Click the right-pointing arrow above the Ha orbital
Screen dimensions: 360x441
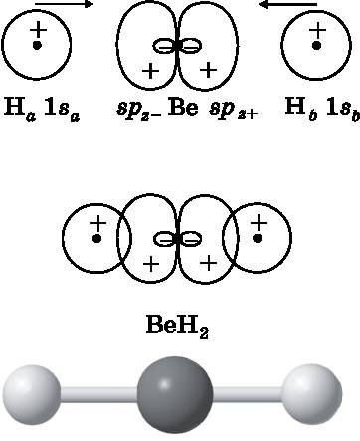click(64, 4)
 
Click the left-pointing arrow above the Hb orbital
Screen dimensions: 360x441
click(288, 4)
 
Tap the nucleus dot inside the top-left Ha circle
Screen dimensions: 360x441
click(37, 45)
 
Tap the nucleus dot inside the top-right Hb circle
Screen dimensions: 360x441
click(317, 45)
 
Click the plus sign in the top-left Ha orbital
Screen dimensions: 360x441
click(39, 30)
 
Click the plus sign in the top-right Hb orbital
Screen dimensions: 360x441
click(317, 30)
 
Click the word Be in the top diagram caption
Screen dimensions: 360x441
click(183, 108)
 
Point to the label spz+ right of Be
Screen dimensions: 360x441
click(233, 110)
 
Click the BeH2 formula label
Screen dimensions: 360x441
click(177, 326)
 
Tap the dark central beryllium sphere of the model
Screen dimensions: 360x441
click(175, 395)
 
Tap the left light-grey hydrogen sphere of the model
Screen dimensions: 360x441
click(32, 395)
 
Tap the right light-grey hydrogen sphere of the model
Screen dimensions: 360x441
click(312, 394)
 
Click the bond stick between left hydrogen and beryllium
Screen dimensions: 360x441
click(99, 394)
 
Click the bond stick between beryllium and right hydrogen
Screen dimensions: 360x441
click(248, 394)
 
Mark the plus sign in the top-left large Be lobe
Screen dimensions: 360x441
click(150, 71)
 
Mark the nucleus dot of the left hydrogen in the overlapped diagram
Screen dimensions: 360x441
click(96, 238)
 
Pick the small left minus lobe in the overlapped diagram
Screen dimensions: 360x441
click(165, 238)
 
